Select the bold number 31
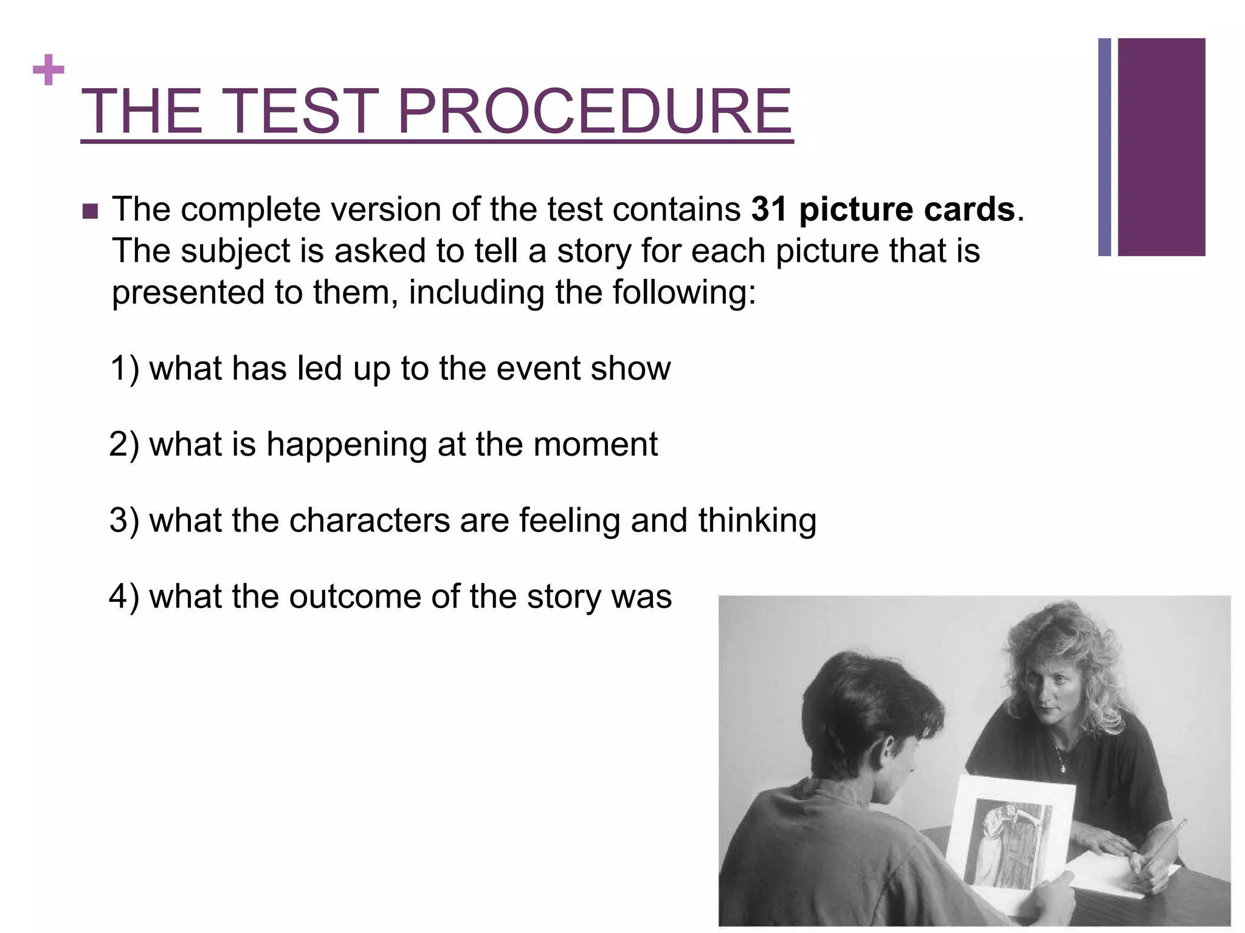tap(770, 210)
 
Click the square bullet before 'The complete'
tap(89, 211)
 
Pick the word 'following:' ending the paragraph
tap(684, 293)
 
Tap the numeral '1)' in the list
tap(125, 368)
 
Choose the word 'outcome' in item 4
tap(354, 596)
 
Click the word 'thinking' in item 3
tap(757, 521)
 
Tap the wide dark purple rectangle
tap(1161, 147)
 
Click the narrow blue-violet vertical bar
tap(1105, 147)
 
